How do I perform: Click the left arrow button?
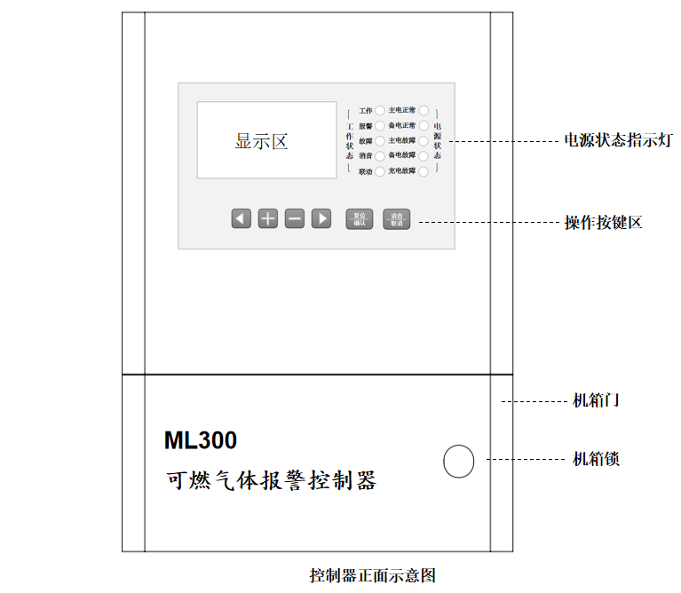click(x=241, y=218)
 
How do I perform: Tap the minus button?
click(x=295, y=218)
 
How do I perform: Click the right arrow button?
click(x=321, y=218)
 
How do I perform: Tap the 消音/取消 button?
click(x=397, y=219)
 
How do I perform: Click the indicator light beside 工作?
click(x=379, y=111)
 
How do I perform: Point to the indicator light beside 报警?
click(x=379, y=126)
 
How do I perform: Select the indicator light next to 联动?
click(x=379, y=171)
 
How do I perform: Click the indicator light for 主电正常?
click(x=424, y=111)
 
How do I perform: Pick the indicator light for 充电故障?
click(x=424, y=171)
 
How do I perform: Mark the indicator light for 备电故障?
click(x=424, y=156)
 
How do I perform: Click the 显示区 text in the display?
click(x=261, y=141)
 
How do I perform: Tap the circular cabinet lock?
click(x=458, y=460)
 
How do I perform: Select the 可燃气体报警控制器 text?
click(x=271, y=481)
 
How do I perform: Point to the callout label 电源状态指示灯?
click(x=618, y=140)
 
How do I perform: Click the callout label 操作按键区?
click(x=603, y=223)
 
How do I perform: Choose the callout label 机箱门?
click(x=596, y=400)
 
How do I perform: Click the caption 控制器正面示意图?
click(x=372, y=575)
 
